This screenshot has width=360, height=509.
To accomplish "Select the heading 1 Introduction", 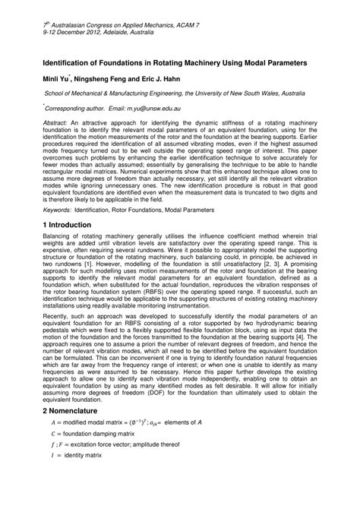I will click(74, 225).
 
